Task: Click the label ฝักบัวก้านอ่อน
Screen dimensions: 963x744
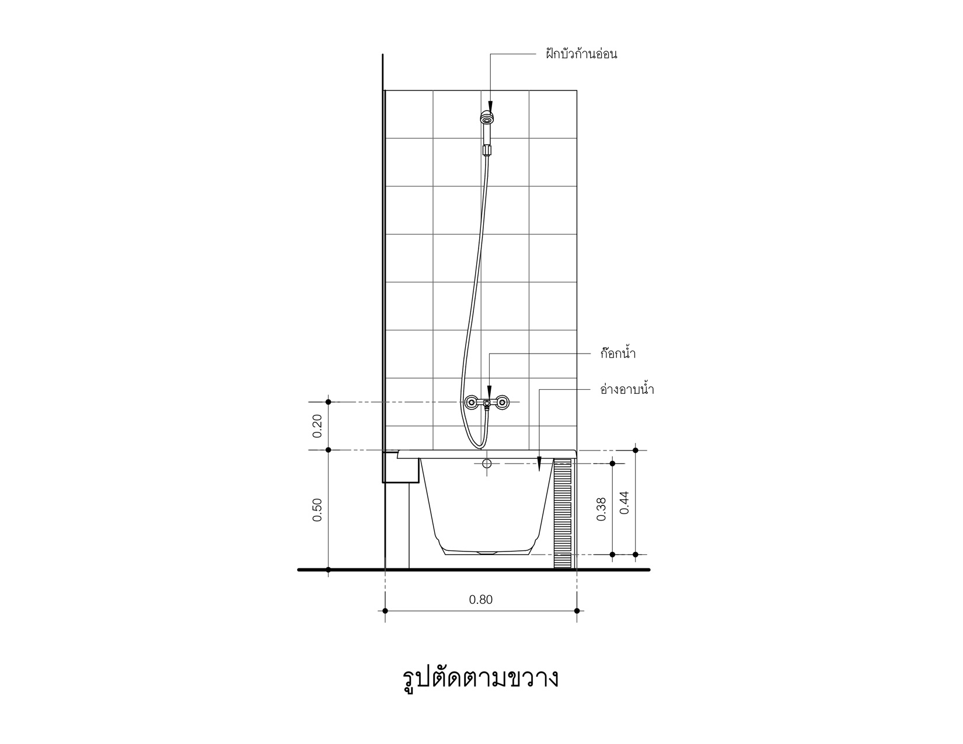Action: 581,54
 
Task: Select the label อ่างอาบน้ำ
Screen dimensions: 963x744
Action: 627,389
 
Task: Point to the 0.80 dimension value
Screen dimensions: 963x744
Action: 481,599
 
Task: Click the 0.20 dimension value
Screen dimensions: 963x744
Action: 317,426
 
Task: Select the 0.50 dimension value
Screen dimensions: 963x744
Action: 317,509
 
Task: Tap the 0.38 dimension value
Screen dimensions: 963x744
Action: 601,509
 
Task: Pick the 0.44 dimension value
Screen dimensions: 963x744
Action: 624,502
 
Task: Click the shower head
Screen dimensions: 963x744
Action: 487,118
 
